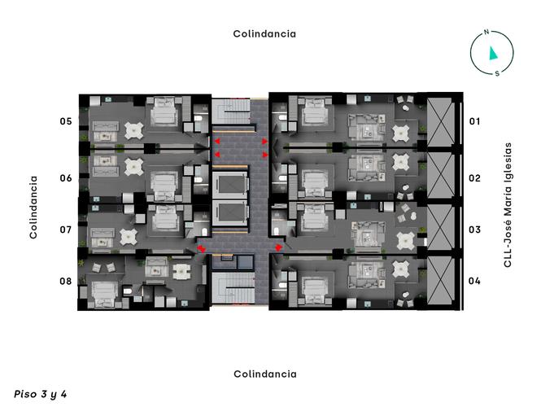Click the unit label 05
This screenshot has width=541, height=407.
66,121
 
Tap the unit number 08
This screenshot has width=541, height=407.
66,282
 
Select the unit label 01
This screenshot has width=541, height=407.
475,121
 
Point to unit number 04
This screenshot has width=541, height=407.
475,282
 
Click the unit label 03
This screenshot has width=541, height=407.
475,230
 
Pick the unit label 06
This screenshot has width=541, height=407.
66,177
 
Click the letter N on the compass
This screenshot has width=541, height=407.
486,33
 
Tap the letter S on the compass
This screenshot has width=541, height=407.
497,73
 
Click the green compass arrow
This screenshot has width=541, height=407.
492,54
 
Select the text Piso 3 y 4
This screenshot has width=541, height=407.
41,393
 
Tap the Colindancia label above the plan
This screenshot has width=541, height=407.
264,34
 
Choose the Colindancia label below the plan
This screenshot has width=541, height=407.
264,374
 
